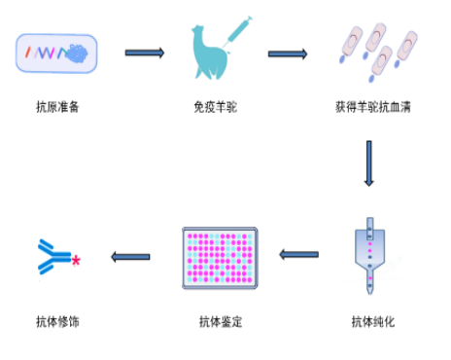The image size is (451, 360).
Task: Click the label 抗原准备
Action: (x=57, y=106)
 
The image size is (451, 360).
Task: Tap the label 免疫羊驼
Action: (x=215, y=106)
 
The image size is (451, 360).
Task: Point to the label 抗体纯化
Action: (x=373, y=322)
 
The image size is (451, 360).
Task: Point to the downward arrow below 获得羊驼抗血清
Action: (x=369, y=163)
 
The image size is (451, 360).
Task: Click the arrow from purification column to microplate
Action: (x=298, y=256)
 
